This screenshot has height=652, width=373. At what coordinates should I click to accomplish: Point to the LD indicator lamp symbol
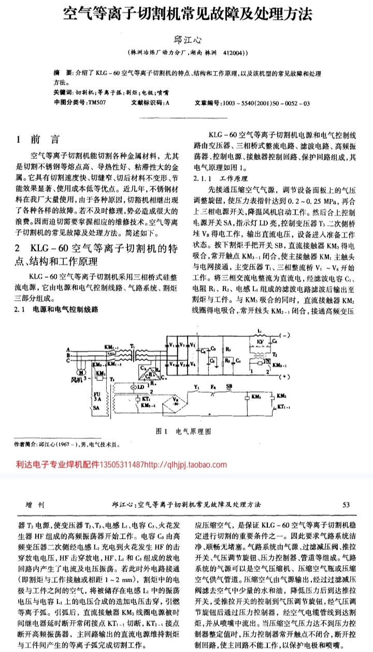(139, 387)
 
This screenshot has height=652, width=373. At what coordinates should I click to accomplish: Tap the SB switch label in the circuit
(229, 387)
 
